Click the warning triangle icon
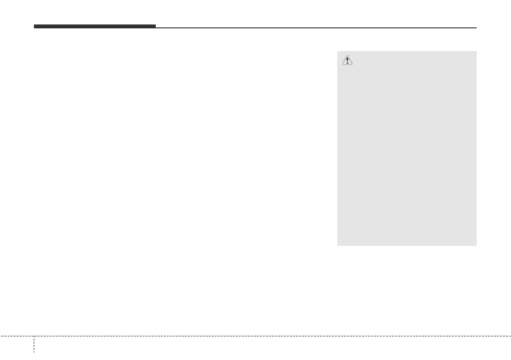point(347,61)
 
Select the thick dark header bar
point(95,27)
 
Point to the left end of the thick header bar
point(34,27)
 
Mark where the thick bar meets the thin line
point(156,27)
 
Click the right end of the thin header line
point(476,28)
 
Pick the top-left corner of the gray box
point(337,51)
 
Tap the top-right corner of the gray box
point(476,51)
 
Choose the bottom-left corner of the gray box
point(337,245)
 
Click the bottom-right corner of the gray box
point(476,245)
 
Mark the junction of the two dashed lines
point(34,336)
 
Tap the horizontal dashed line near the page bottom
point(257,336)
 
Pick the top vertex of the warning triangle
point(347,57)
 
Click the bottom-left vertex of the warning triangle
point(342,65)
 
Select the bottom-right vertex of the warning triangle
point(353,65)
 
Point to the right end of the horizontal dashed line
point(511,336)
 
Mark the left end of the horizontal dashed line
point(0,336)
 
